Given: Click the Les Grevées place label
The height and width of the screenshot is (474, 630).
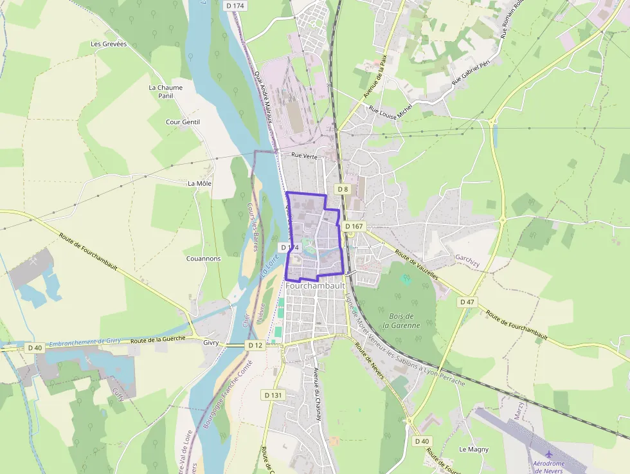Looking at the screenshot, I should pyautogui.click(x=109, y=44).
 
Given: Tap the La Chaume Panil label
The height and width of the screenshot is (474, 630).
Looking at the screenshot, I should pyautogui.click(x=165, y=91).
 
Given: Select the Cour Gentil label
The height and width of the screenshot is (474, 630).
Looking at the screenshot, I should pyautogui.click(x=183, y=122).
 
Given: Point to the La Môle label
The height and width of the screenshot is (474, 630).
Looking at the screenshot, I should pyautogui.click(x=199, y=183).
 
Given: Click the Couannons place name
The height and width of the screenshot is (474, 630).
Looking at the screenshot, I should pyautogui.click(x=203, y=259).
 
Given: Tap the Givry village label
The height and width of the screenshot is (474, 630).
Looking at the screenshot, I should pyautogui.click(x=212, y=343).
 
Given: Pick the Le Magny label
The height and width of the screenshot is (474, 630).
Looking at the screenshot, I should pyautogui.click(x=474, y=449).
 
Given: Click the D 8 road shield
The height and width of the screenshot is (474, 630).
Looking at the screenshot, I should pyautogui.click(x=343, y=189).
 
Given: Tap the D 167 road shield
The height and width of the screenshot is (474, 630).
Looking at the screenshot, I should pyautogui.click(x=354, y=226).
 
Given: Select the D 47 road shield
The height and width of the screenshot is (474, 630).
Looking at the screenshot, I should pyautogui.click(x=467, y=302).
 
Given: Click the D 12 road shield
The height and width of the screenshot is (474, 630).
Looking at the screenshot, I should pyautogui.click(x=255, y=345).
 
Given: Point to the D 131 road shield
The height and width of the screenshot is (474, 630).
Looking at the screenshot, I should pyautogui.click(x=273, y=394).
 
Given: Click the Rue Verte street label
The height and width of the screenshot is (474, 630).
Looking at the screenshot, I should pyautogui.click(x=305, y=155).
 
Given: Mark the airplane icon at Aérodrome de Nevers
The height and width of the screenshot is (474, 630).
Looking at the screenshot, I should pyautogui.click(x=548, y=454).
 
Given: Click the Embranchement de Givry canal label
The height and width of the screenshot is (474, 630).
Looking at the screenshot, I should pyautogui.click(x=85, y=342).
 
